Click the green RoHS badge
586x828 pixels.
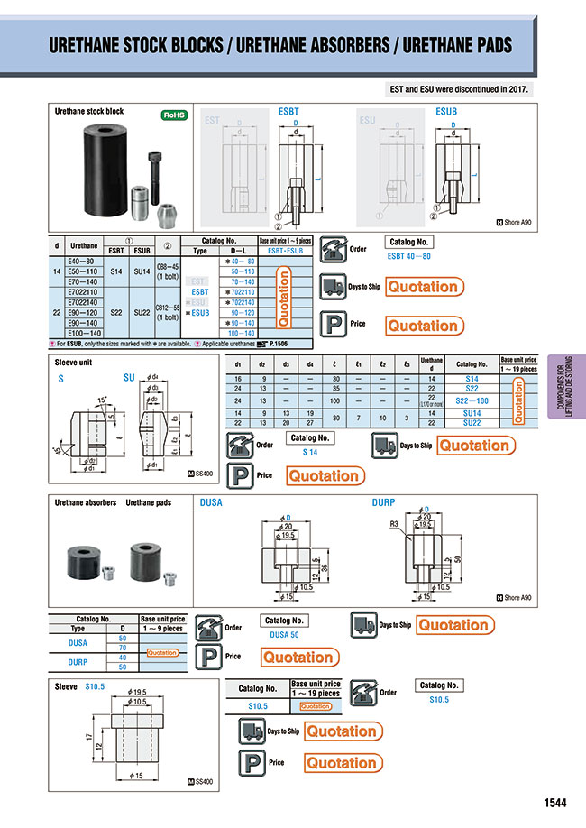[x=173, y=115]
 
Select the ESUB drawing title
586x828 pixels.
[x=446, y=111]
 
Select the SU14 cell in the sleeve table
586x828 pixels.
[x=471, y=412]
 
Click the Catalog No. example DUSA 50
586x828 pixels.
[x=285, y=634]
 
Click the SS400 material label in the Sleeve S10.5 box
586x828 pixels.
[x=204, y=781]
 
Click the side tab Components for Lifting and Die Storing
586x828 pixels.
[x=565, y=387]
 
